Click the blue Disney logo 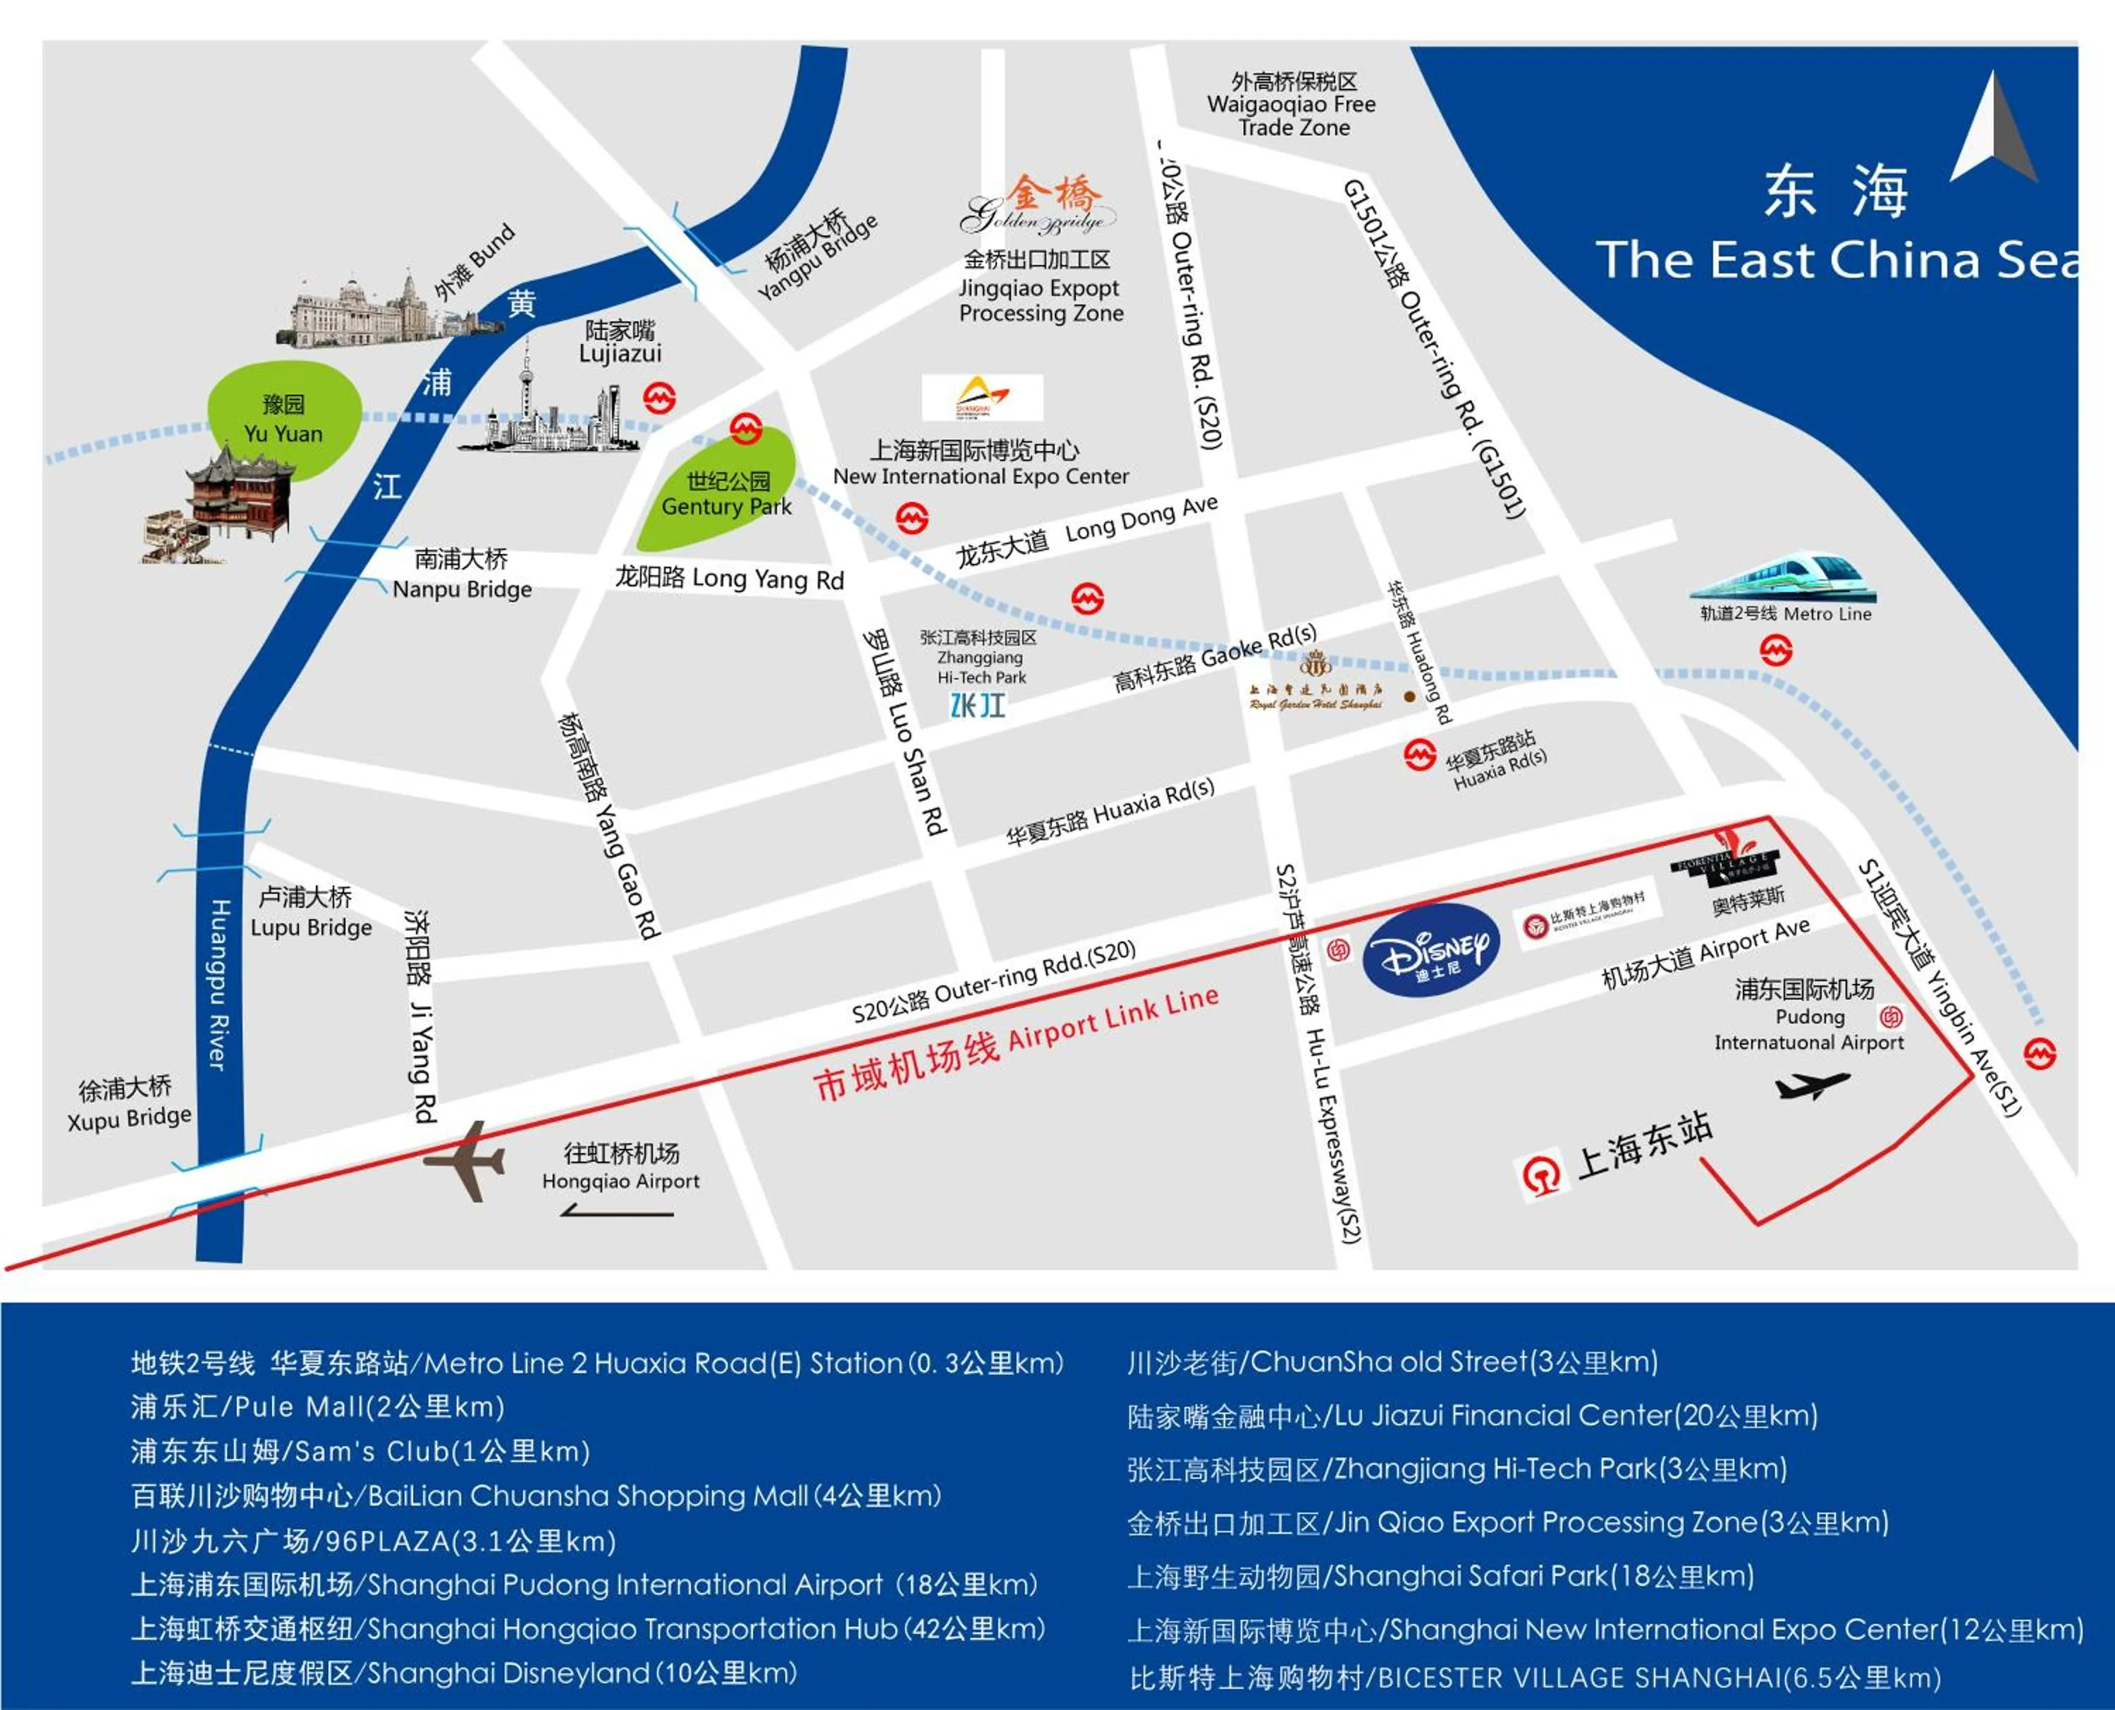1430,949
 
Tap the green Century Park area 718,491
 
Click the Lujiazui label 620,341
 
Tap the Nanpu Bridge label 462,574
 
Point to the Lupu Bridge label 310,912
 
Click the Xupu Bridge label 128,1103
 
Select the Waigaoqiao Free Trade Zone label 1292,104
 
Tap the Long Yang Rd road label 729,577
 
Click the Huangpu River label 219,984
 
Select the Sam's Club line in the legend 360,1451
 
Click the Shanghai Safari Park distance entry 1440,1576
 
